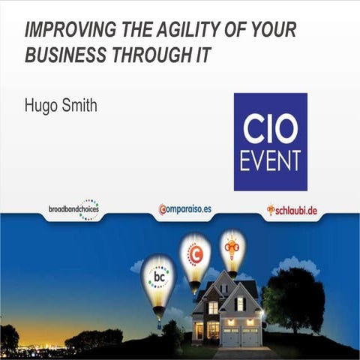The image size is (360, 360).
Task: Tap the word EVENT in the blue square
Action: coord(271,160)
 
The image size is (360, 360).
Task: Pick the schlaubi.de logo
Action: coord(292,209)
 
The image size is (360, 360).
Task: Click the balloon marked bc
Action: coord(159,278)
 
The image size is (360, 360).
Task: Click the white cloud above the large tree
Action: coord(285,265)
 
